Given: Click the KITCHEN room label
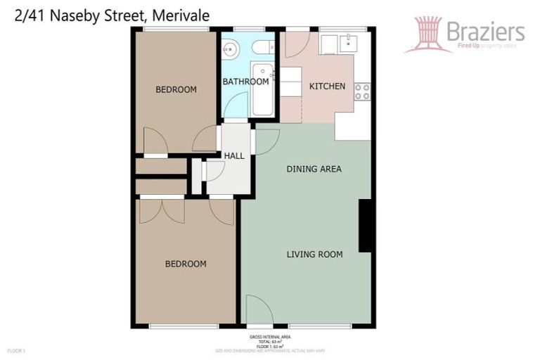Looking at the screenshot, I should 327,86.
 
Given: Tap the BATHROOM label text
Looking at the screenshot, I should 245,82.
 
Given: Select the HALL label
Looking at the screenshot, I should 234,155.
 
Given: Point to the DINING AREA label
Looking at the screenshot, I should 314,169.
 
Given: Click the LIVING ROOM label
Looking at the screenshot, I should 314,254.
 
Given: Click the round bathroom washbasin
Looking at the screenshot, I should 231,49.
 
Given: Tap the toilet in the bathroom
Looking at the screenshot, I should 262,47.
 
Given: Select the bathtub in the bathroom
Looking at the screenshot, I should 263,90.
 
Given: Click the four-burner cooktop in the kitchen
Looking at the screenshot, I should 361,91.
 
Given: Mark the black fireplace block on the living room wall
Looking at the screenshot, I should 365,225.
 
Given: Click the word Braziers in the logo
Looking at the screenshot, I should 485,31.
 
